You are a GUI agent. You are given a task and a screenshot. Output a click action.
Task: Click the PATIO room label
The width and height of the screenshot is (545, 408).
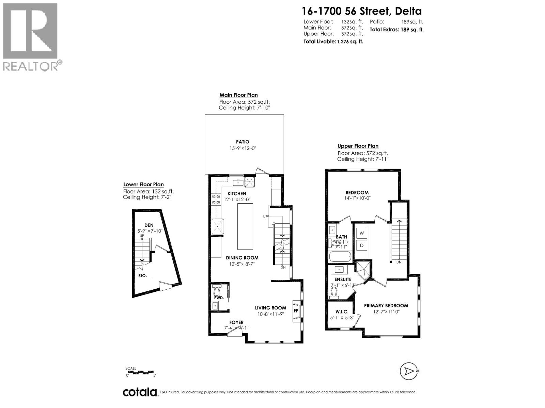click(x=243, y=142)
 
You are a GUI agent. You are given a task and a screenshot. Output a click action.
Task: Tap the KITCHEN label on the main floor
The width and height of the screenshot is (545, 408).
click(x=237, y=193)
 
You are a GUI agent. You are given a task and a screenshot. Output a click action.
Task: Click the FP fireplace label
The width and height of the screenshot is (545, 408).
click(x=296, y=310)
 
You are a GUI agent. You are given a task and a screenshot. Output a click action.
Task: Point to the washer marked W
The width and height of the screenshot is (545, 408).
click(x=362, y=233)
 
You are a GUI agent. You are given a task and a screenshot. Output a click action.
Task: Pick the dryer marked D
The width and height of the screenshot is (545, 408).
click(x=362, y=245)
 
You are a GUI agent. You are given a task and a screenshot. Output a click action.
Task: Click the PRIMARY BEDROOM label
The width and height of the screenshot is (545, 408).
click(x=386, y=306)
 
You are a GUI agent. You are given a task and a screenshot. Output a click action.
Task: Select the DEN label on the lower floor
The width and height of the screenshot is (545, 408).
click(x=149, y=225)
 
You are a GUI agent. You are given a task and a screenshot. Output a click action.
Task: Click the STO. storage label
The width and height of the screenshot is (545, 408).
click(x=142, y=276)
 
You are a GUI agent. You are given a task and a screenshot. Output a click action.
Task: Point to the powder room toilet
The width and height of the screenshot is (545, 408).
click(x=217, y=291)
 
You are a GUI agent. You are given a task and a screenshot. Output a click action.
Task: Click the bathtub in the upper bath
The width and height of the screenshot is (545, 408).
click(x=341, y=257)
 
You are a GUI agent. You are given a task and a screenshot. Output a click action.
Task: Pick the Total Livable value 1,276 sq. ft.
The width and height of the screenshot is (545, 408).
click(x=349, y=41)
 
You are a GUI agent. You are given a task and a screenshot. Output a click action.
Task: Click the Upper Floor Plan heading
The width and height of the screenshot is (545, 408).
click(x=358, y=146)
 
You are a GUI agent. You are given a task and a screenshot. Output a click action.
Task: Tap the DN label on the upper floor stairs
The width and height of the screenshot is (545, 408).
click(x=399, y=262)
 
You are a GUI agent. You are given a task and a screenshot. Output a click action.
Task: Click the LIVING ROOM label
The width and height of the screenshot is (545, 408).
click(x=270, y=308)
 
